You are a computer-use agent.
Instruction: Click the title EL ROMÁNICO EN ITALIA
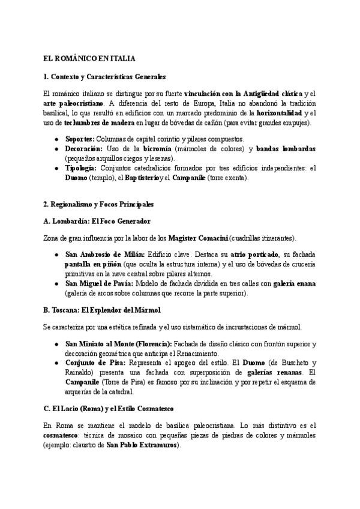click(89, 59)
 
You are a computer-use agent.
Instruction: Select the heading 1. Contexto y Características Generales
click(104, 77)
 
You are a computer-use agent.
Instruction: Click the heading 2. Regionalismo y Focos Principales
click(98, 204)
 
